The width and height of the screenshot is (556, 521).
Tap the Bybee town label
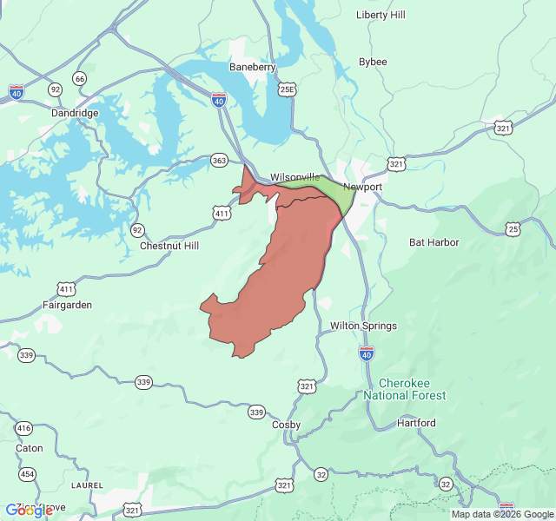(x=373, y=62)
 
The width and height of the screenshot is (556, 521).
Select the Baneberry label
(x=252, y=67)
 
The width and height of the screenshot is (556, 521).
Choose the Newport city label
(x=362, y=187)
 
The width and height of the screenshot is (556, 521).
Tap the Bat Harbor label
(x=434, y=242)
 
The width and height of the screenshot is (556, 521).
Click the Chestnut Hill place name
(x=169, y=246)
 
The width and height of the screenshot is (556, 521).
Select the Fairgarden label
(x=67, y=305)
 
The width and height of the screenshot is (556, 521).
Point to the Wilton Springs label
(x=363, y=326)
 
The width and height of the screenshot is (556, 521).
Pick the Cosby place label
(x=287, y=425)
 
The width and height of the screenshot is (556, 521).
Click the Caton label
(x=29, y=448)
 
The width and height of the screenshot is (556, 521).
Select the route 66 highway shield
(x=80, y=79)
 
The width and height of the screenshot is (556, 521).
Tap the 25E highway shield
(x=288, y=89)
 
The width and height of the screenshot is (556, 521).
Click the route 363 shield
(x=219, y=160)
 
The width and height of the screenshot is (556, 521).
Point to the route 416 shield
(x=23, y=428)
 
